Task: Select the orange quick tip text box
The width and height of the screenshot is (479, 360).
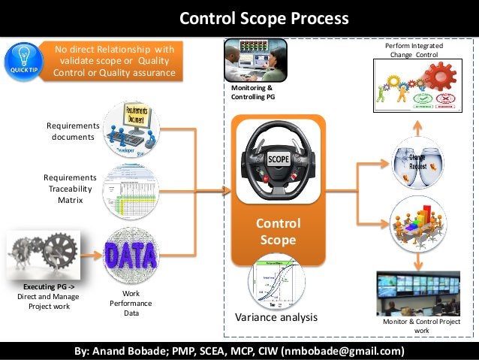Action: pos(114,61)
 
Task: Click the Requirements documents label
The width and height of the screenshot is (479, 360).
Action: pos(73,131)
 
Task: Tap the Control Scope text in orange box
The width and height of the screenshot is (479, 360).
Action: pos(279,231)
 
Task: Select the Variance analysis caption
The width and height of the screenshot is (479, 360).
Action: pos(276,318)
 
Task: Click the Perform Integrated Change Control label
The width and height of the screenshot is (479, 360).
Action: pos(414,50)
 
